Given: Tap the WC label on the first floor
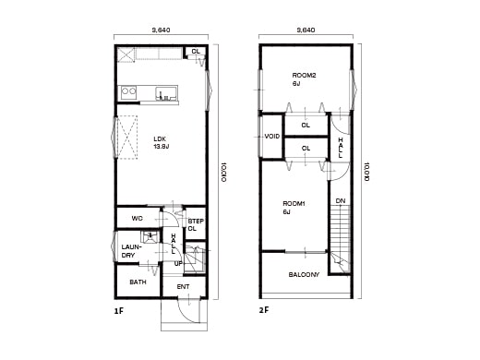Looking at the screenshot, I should coord(137,219).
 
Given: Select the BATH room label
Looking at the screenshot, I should coord(138,282).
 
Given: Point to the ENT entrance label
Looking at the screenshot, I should coord(183,286).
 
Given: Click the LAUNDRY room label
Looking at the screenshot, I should coord(130,250).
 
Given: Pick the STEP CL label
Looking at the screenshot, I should coord(195,224).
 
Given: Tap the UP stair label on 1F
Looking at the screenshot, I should coord(178,263).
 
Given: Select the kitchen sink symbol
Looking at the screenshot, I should coord(166,93).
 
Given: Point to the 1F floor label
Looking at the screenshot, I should coord(118,312).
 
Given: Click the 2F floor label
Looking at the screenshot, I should coord(264,312).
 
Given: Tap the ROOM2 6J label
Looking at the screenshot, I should coord(304,79).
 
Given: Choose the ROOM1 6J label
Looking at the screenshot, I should coord(294,208).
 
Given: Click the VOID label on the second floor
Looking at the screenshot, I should coord(271,137).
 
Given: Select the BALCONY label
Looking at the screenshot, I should coord(304,274).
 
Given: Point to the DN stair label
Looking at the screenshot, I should coord(340,200).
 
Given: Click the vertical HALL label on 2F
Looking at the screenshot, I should coord(340,147).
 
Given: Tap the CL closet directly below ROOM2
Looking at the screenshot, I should coord(305,126).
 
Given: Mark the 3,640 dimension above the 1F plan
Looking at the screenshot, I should coord(161,30).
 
